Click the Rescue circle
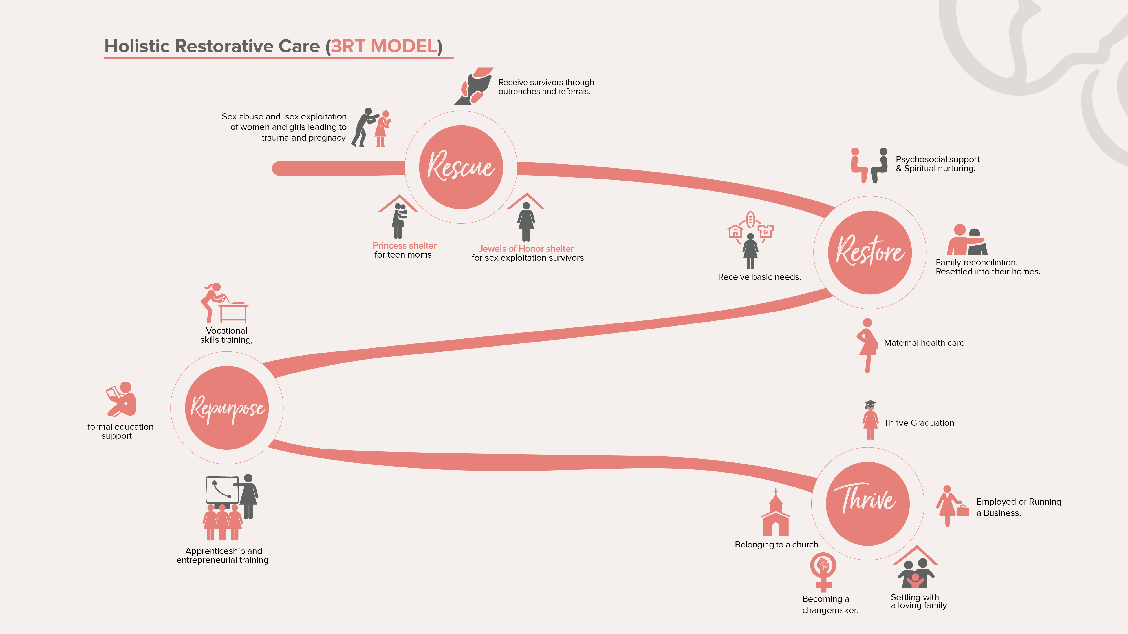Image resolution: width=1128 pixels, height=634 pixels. [461, 167]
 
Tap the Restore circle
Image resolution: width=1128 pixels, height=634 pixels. [870, 252]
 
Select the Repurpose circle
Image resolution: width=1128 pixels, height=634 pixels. [227, 408]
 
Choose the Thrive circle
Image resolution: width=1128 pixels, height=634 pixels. [867, 504]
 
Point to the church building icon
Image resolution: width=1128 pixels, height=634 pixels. [775, 516]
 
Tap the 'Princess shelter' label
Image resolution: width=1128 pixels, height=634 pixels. [404, 245]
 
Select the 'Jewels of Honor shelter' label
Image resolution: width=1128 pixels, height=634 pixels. [526, 249]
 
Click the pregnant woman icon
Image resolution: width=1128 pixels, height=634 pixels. [867, 346]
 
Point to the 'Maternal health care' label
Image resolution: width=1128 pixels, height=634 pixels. [924, 343]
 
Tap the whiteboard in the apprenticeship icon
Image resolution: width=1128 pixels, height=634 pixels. [222, 490]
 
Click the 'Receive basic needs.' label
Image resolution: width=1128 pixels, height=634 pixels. [759, 277]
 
